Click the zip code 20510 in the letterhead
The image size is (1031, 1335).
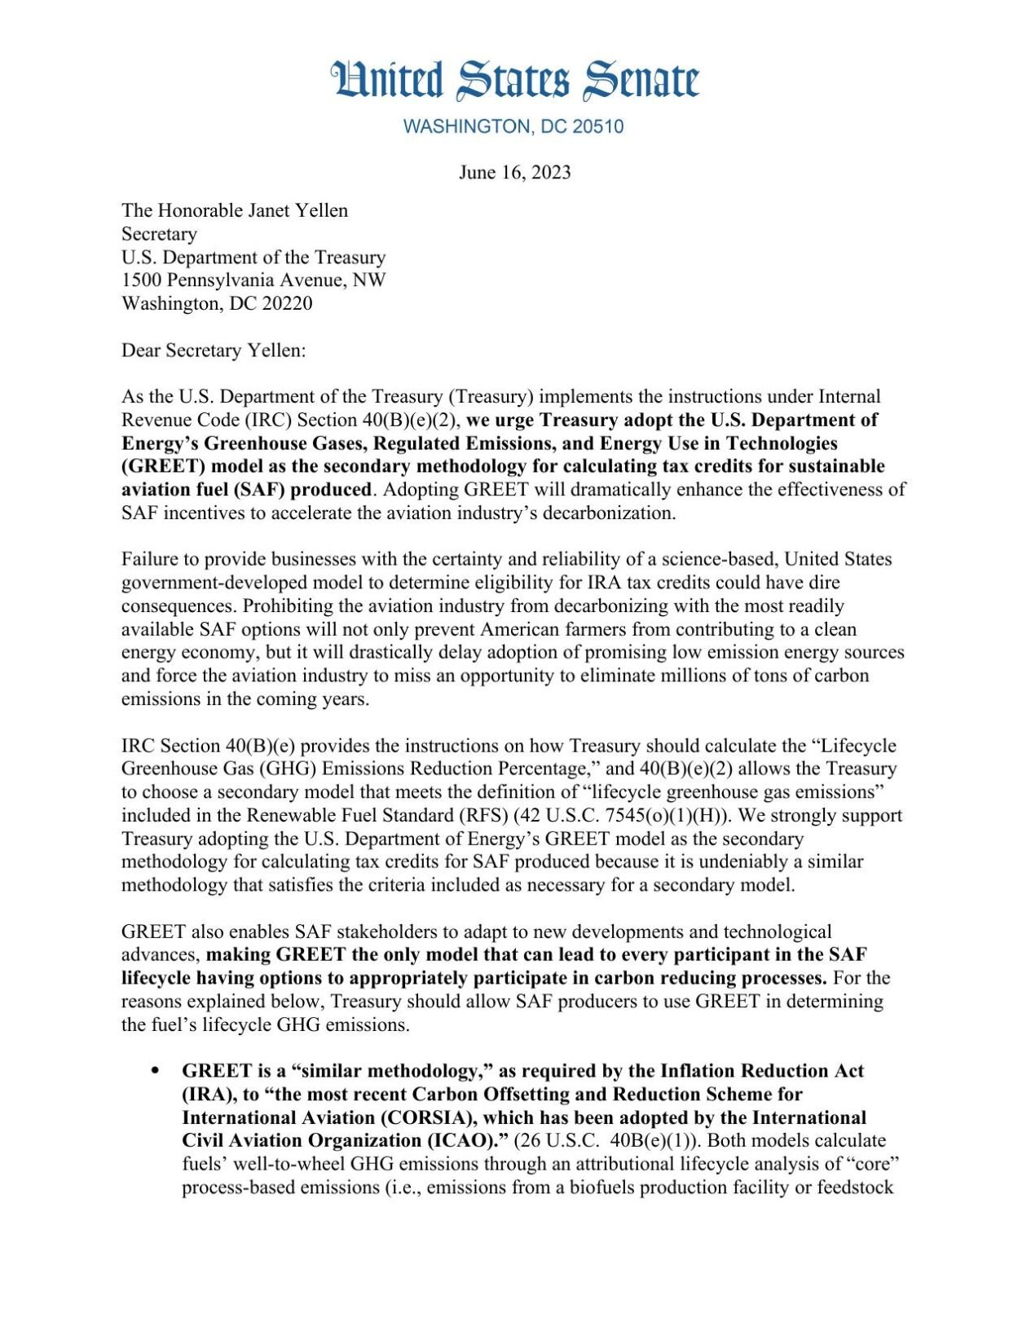(598, 127)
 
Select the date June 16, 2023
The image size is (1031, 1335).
(514, 173)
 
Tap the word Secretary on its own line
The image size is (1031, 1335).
(159, 234)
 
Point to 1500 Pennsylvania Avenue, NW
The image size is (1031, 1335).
(253, 280)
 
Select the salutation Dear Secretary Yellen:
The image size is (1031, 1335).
(214, 350)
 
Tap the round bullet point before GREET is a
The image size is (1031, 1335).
(155, 1072)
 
